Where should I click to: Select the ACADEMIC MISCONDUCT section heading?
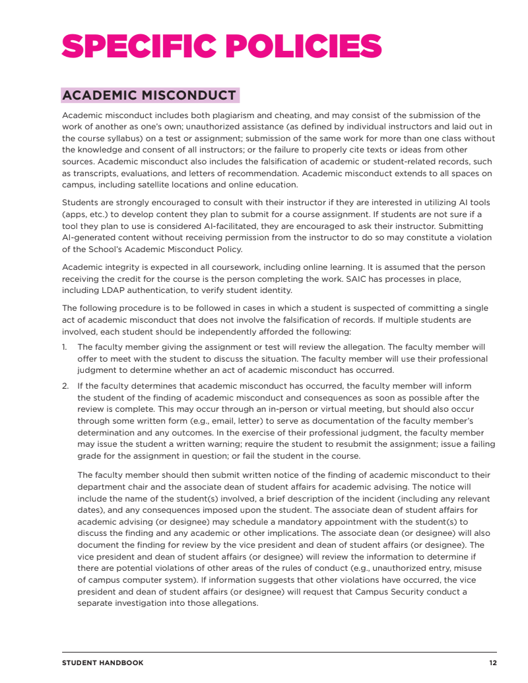[149, 96]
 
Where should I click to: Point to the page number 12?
[493, 663]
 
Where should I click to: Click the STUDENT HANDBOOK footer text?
[102, 663]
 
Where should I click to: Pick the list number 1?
[65, 346]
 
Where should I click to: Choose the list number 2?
[65, 385]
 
